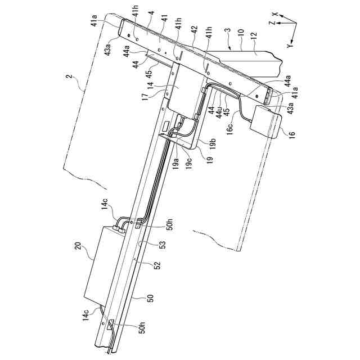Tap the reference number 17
tap(145, 97)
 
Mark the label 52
tap(157, 263)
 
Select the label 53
tap(163, 244)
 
